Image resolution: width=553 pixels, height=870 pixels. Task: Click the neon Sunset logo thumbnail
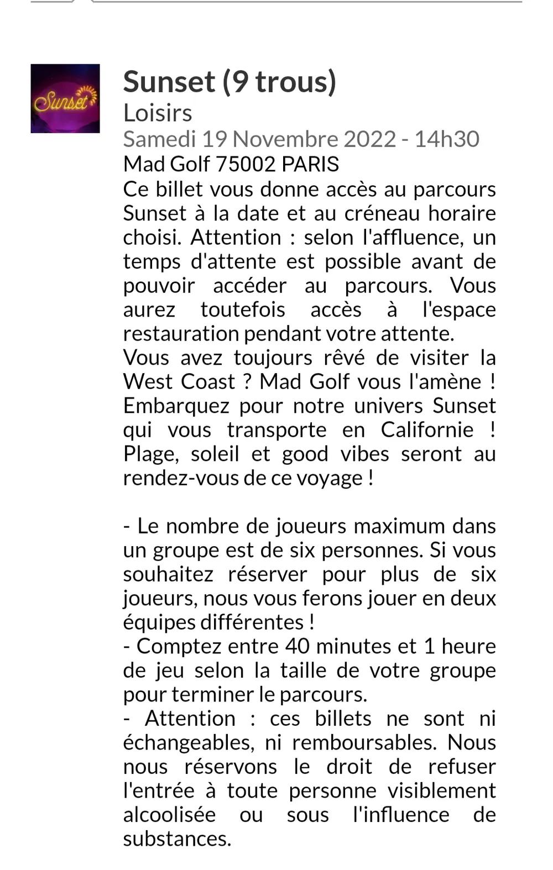point(65,98)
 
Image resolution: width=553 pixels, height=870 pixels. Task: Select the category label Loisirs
point(158,113)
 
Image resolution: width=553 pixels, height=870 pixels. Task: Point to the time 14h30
point(447,139)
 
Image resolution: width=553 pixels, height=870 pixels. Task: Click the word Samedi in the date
point(159,139)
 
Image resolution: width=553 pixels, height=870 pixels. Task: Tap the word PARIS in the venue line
point(310,164)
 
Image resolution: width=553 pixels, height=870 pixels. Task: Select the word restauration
point(181,333)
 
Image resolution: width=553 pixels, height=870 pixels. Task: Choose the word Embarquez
point(176,406)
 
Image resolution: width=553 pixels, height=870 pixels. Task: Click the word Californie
point(427,429)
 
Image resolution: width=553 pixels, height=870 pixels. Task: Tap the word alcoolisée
point(169,814)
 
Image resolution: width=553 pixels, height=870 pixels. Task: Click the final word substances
point(177,838)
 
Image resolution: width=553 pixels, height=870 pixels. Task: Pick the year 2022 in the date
point(369,139)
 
